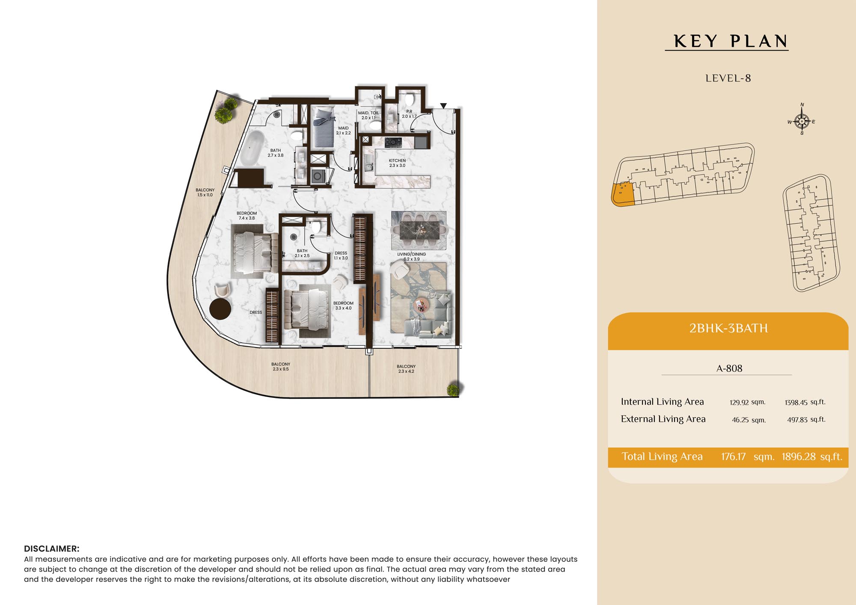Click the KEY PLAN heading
pos(731,42)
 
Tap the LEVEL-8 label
pos(728,78)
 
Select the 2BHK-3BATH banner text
pos(728,328)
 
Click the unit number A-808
pos(729,368)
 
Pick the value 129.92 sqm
pos(747,402)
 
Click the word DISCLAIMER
pos(52,549)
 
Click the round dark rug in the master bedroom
pos(220,308)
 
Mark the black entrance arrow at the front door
pos(443,106)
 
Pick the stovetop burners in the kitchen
pos(393,142)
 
